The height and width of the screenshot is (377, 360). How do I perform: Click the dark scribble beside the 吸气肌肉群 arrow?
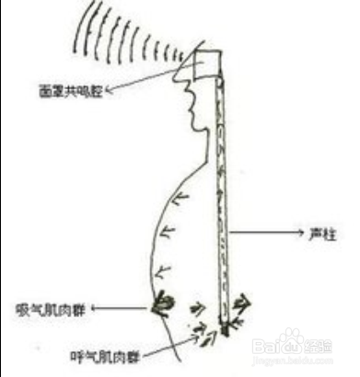166,302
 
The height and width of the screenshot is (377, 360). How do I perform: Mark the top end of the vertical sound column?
218,77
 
